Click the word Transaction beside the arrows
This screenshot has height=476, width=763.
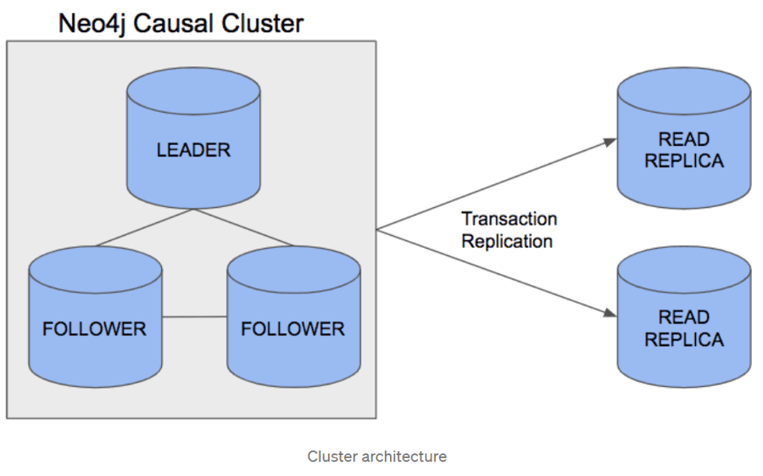point(509,219)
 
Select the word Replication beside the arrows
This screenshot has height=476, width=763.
point(507,241)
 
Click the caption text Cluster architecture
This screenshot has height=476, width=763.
point(376,456)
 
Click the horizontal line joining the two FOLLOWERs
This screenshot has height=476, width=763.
point(194,316)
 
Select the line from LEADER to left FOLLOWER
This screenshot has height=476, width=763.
point(144,227)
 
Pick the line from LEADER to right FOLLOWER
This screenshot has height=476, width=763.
point(246,227)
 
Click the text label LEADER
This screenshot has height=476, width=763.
point(193,150)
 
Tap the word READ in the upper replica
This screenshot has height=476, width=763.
point(683,139)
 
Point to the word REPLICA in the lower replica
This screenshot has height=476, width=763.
point(683,339)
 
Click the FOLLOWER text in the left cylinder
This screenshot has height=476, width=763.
point(95,329)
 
